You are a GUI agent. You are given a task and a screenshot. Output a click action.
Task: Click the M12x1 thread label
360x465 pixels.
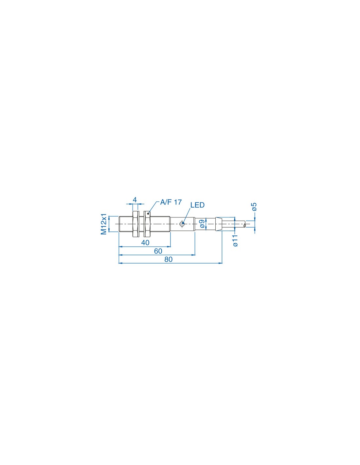point(104,224)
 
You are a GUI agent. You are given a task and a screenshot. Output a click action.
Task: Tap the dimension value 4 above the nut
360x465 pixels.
point(135,200)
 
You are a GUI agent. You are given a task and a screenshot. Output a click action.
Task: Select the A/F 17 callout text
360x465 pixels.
point(171,202)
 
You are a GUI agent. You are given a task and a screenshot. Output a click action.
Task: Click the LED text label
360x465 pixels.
point(197,205)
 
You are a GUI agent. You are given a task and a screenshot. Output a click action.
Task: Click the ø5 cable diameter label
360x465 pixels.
point(254,206)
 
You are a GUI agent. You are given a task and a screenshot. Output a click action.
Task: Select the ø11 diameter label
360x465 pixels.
point(235,241)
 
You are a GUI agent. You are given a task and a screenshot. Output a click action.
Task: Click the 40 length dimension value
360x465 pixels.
point(145,243)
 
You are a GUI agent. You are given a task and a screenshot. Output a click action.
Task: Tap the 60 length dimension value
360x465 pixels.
point(158,251)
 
